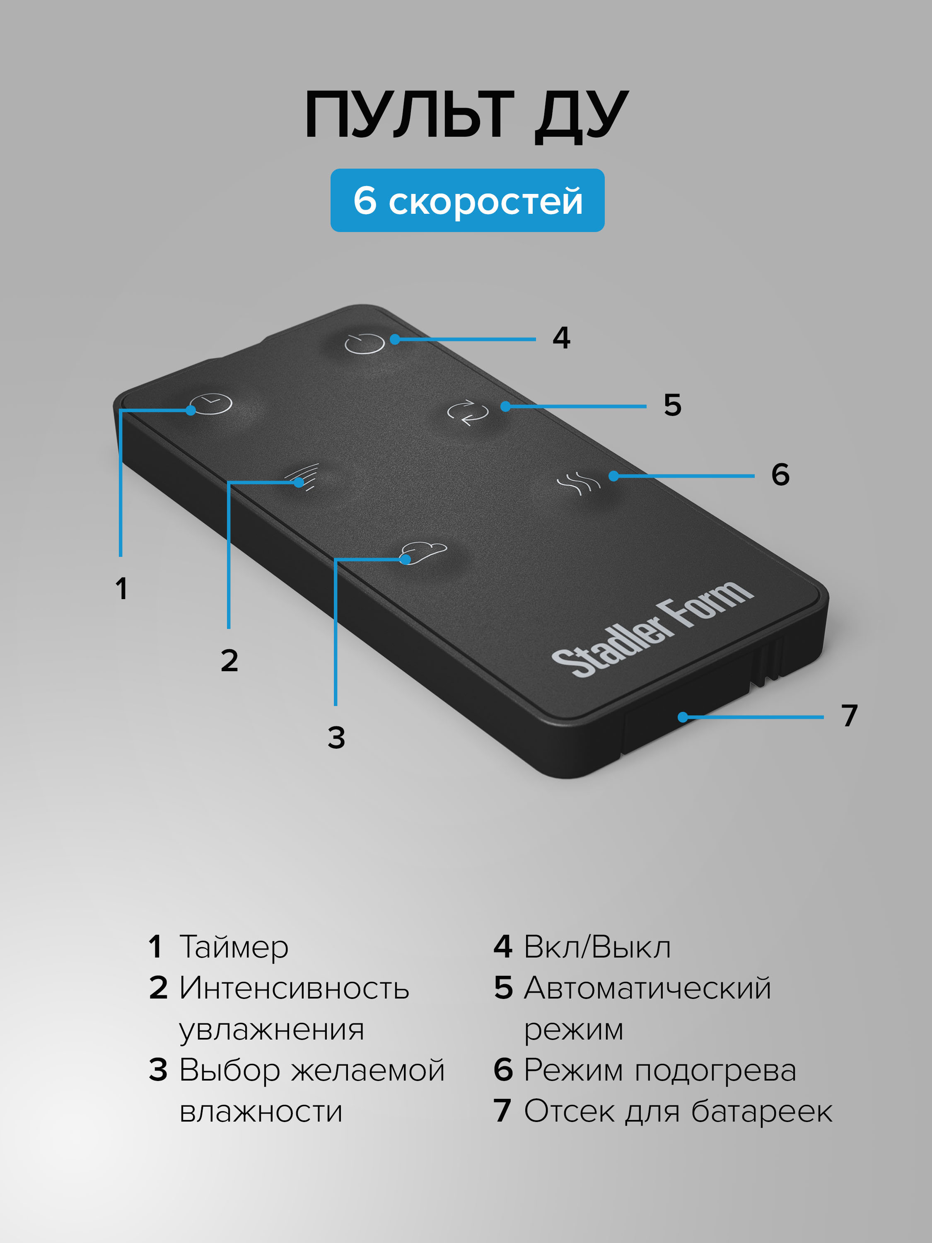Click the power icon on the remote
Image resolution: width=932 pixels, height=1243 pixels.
pyautogui.click(x=365, y=343)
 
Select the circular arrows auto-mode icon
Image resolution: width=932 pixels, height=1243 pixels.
pyautogui.click(x=467, y=412)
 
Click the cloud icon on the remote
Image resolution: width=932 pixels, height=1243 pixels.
pyautogui.click(x=424, y=552)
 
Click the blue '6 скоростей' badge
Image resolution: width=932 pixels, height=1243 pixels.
pyautogui.click(x=467, y=201)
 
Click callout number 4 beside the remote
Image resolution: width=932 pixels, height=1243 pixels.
pyautogui.click(x=561, y=338)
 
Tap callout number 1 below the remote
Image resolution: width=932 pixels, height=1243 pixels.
pyautogui.click(x=121, y=589)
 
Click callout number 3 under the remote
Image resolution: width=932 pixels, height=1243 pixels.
pyautogui.click(x=336, y=738)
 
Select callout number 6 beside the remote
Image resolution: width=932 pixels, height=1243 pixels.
pyautogui.click(x=780, y=475)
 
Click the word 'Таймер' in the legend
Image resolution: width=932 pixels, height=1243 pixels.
pyautogui.click(x=234, y=947)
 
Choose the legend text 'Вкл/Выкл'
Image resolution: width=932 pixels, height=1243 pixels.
pyautogui.click(x=597, y=947)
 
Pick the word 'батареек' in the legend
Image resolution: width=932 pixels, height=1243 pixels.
pyautogui.click(x=761, y=1112)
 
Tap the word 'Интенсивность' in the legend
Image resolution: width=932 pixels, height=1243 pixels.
pyautogui.click(x=294, y=989)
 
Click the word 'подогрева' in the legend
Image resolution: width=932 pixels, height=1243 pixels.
pyautogui.click(x=715, y=1071)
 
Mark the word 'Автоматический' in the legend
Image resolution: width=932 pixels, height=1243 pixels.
pyautogui.click(x=647, y=989)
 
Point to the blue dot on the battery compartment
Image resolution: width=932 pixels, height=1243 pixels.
pyautogui.click(x=683, y=717)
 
